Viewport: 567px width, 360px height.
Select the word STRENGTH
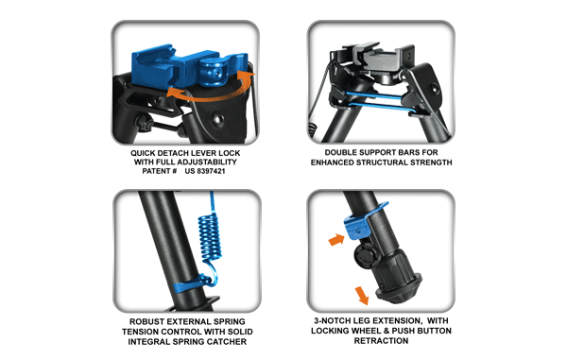click(427, 163)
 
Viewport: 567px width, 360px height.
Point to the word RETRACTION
click(383, 340)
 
